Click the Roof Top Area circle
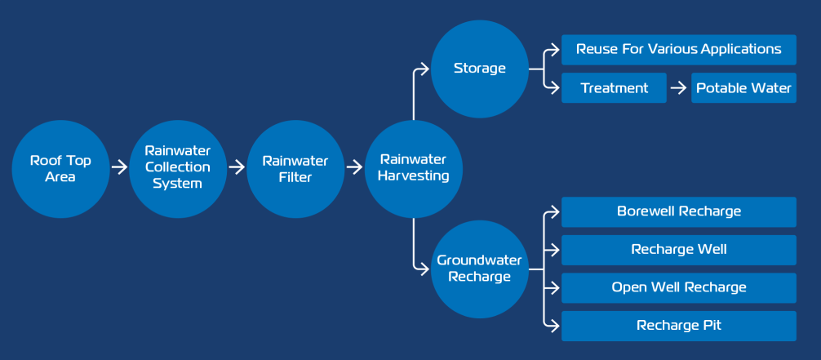tap(60, 169)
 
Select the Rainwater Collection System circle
tap(178, 169)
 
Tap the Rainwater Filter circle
tap(295, 169)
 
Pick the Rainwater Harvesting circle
tap(414, 169)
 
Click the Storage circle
tap(480, 69)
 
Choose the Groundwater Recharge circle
tap(480, 269)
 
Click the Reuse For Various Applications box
tap(678, 50)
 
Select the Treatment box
tap(614, 87)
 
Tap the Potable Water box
tap(743, 87)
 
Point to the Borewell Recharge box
tap(678, 211)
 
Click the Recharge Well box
tap(678, 250)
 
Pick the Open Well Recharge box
tap(678, 287)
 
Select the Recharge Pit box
tap(678, 326)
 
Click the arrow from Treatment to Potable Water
tap(678, 88)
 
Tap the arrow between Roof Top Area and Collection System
tap(119, 167)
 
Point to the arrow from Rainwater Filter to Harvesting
tap(354, 167)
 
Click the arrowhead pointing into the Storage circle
tap(425, 69)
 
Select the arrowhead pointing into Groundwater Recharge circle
tap(425, 269)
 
